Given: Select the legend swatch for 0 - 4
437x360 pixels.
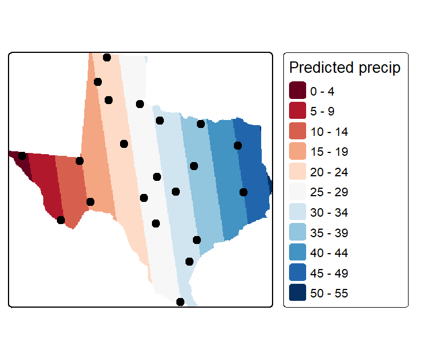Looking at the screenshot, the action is tap(298, 90).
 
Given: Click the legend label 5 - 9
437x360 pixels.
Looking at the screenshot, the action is tap(322, 111).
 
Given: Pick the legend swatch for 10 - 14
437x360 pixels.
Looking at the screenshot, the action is tap(298, 131).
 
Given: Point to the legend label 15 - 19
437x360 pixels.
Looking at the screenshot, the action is tap(329, 152).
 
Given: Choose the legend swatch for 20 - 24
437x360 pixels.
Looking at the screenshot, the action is tap(298, 171).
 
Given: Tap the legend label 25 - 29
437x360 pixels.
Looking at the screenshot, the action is tap(329, 192).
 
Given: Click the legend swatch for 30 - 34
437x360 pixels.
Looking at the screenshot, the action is tap(298, 212).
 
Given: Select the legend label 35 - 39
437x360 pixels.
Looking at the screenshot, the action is tap(329, 233).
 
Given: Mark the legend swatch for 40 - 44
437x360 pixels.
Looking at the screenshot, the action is tap(298, 252).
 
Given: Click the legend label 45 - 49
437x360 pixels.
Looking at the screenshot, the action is tap(329, 274).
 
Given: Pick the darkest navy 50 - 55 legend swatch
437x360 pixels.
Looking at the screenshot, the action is tap(298, 292).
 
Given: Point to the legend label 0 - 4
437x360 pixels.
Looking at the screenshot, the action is tap(322, 92).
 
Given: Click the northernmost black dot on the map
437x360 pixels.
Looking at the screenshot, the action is tap(107, 57).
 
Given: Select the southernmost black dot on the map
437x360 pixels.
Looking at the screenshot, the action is tap(180, 302).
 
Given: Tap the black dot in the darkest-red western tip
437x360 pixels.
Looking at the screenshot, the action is tap(22, 156).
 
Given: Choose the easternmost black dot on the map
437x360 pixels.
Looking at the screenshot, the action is tap(244, 192).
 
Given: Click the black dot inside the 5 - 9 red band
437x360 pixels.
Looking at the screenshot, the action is tap(61, 220).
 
